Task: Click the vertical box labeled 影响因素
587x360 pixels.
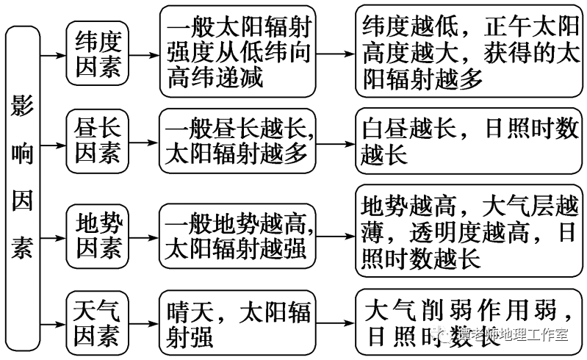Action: [22, 179]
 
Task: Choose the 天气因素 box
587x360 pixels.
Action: [97, 323]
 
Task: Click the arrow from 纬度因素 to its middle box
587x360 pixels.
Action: [145, 54]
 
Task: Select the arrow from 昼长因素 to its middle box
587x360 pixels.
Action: [145, 143]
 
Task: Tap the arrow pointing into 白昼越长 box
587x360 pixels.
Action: [336, 143]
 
